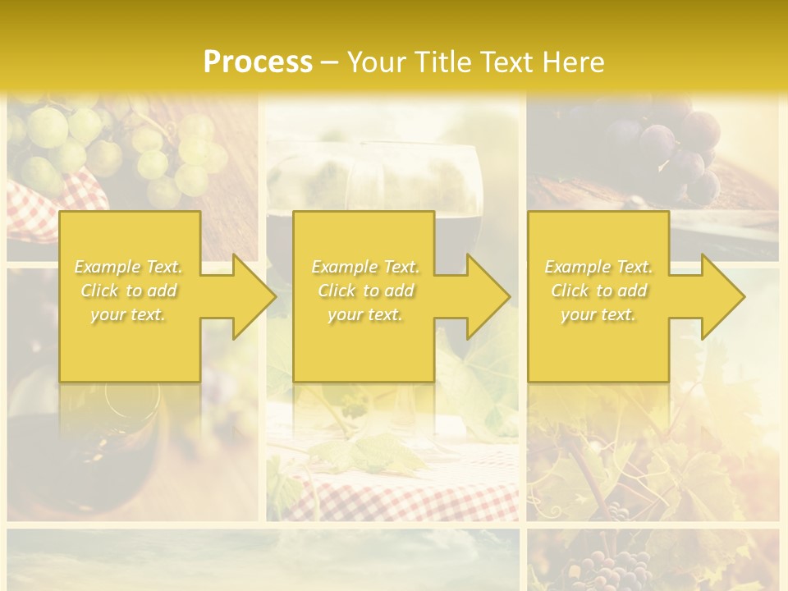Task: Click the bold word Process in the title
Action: click(258, 62)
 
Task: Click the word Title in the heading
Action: click(444, 62)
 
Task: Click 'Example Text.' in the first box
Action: click(129, 267)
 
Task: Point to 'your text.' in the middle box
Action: click(365, 314)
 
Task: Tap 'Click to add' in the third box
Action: click(598, 291)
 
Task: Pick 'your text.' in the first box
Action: click(129, 314)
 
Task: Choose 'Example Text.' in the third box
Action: click(598, 267)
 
